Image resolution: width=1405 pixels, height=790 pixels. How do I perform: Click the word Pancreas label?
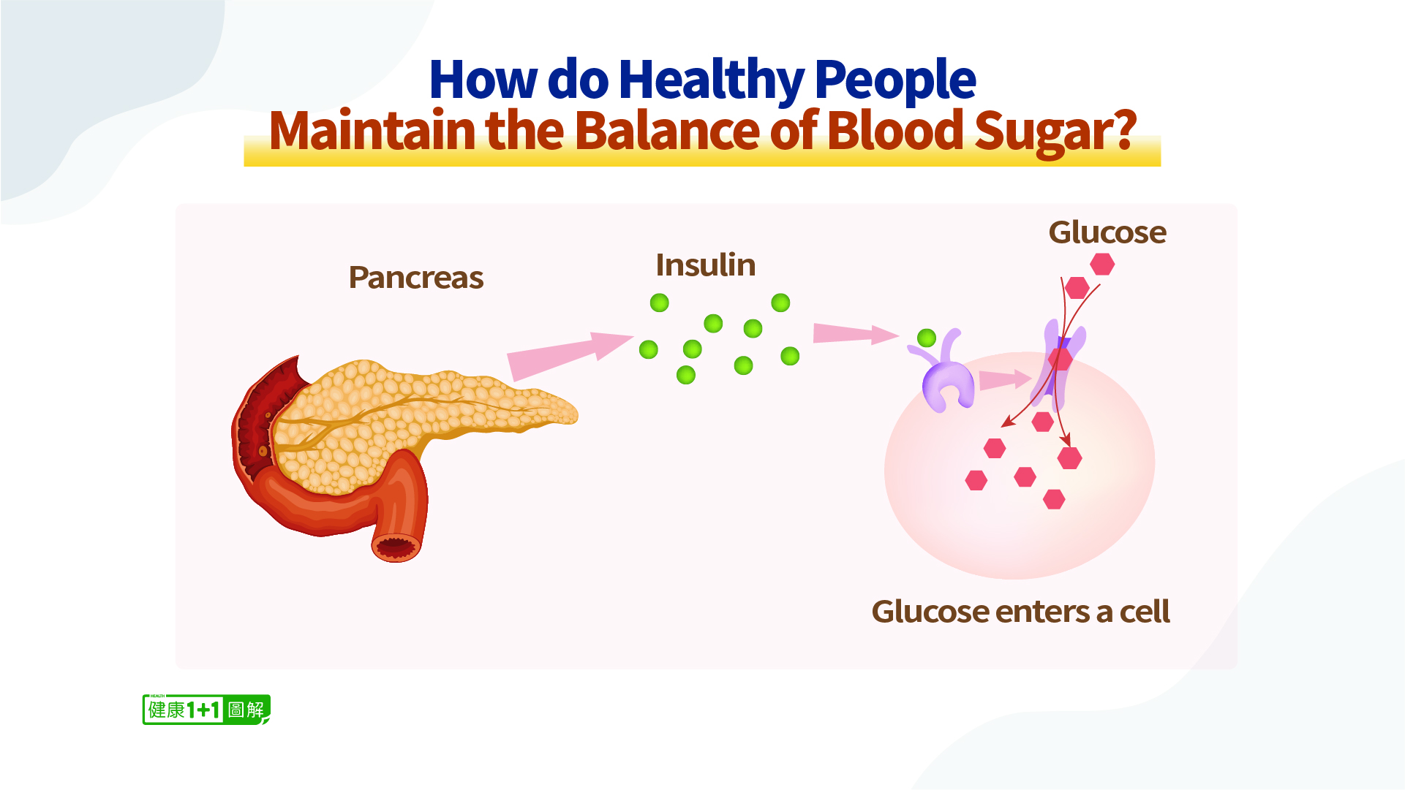415,278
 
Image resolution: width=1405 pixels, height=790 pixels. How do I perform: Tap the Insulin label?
705,265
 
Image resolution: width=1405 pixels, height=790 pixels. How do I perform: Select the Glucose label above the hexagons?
1107,232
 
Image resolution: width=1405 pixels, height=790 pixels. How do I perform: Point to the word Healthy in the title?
711,80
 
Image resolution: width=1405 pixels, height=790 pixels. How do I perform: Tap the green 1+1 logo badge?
206,710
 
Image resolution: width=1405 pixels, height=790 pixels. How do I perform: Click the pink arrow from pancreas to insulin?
570,356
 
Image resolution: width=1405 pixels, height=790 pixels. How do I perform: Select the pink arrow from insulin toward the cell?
856,334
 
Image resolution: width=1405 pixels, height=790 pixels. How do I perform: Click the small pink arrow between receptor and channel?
1005,379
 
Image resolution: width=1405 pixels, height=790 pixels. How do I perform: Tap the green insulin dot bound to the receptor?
927,338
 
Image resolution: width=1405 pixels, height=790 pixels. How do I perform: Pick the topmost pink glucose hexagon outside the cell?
1102,264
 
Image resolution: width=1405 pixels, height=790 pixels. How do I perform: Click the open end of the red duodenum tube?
396,547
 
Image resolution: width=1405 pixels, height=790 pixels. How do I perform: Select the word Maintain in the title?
372,130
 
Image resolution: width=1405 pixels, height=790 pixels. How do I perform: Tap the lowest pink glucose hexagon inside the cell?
1054,499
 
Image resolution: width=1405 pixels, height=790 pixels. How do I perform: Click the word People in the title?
895,80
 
